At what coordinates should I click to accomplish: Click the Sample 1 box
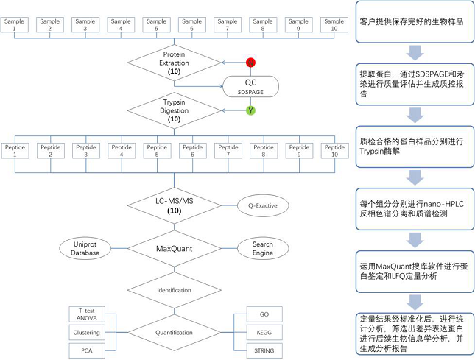tap(15, 26)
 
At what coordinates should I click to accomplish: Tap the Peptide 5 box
tap(156, 150)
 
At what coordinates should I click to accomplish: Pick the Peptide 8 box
tap(263, 150)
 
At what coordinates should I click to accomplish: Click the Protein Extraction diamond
tap(175, 63)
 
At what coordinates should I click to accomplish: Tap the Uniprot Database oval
tap(85, 248)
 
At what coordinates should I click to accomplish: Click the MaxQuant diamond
tap(175, 249)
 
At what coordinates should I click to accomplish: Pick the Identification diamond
tap(175, 289)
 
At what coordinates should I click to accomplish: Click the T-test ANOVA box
tap(87, 314)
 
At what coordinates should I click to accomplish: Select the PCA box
tap(87, 350)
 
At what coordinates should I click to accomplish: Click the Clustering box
tap(87, 332)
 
